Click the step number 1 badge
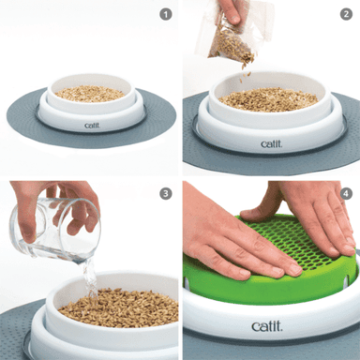click(166, 14)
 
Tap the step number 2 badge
click(346, 14)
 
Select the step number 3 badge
click(166, 194)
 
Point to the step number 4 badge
click(346, 194)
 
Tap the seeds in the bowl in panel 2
click(269, 97)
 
